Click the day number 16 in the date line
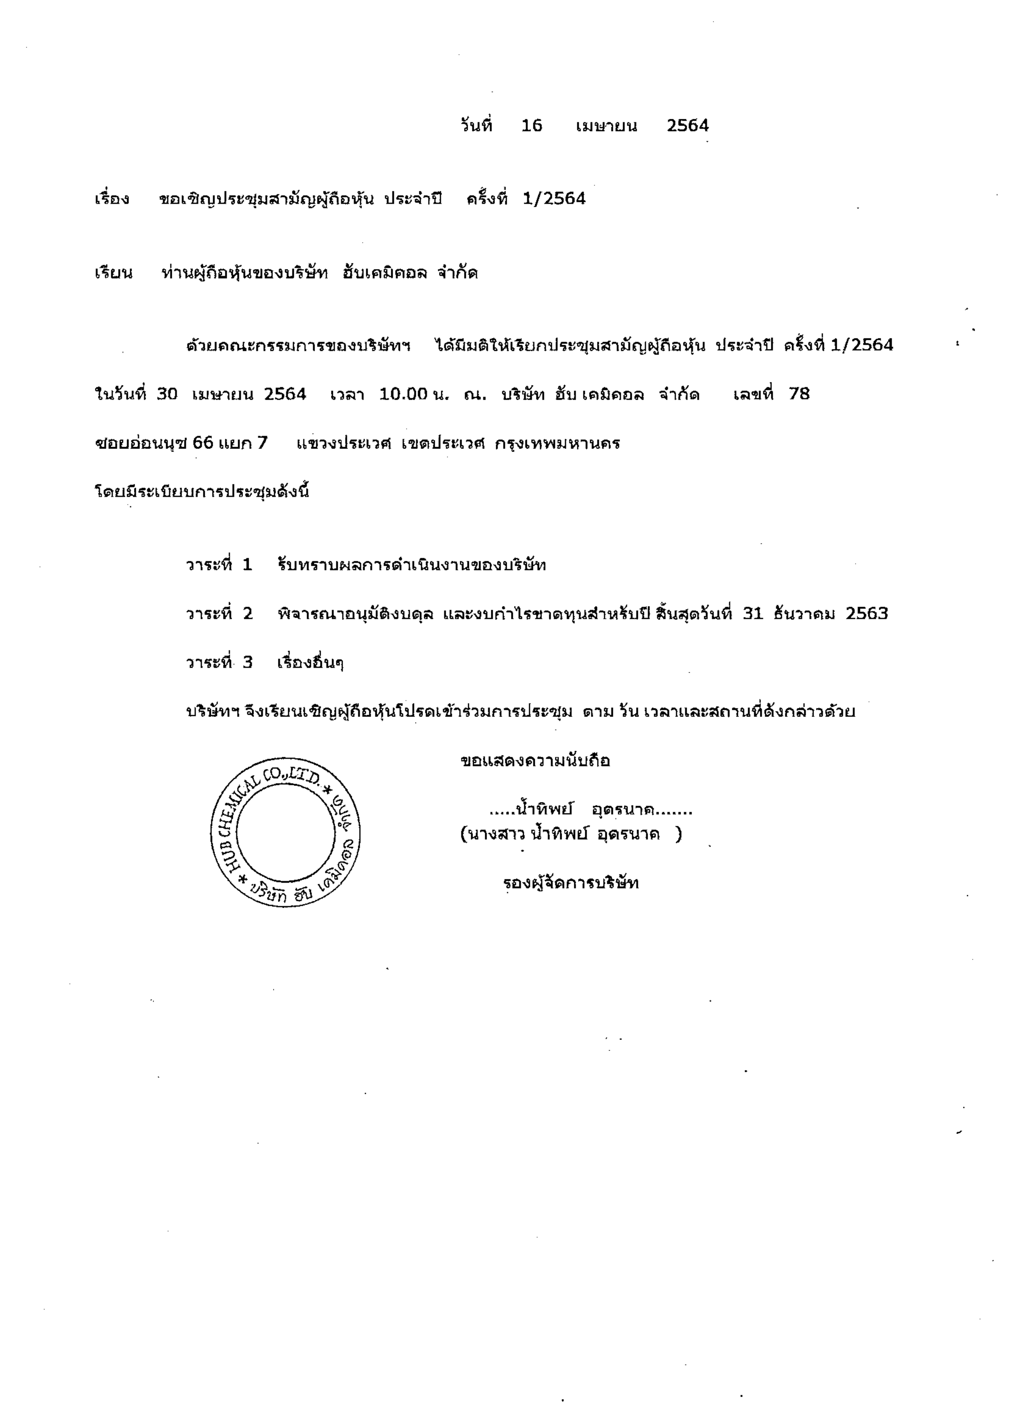coord(532,126)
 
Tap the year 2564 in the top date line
coord(687,126)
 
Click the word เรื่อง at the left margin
coord(112,199)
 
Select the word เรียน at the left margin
coord(114,273)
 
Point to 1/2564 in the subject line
coord(554,199)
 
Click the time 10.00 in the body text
coord(403,394)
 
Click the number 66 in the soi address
coord(203,443)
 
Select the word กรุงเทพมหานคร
coord(558,443)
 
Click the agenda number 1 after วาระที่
coord(247,565)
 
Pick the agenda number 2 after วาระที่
coord(247,614)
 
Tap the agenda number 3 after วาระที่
coord(247,662)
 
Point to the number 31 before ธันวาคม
coord(753,614)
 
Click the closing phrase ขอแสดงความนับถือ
coord(535,761)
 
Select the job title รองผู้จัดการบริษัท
coord(571,883)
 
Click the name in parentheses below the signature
coord(571,834)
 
